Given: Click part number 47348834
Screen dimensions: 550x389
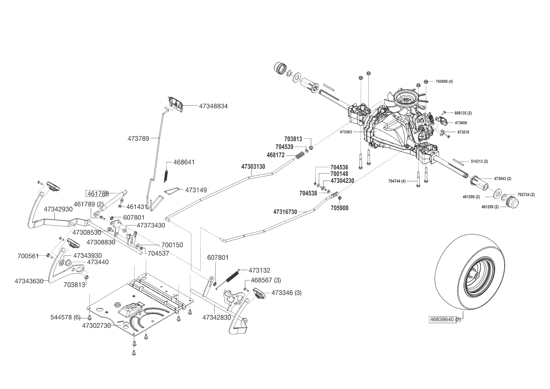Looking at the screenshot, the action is [x=213, y=106].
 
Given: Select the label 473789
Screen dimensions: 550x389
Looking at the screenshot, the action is [x=138, y=138].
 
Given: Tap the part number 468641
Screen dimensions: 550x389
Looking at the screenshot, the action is [x=184, y=162].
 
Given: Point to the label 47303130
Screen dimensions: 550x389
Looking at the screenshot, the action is [x=253, y=167].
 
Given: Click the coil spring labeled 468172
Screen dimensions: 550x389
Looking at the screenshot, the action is [x=300, y=155].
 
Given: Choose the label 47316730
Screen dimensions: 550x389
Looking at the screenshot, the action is [x=285, y=212].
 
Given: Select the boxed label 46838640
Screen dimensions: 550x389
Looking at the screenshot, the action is [x=442, y=320].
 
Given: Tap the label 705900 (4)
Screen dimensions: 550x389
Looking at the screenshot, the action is [x=444, y=82].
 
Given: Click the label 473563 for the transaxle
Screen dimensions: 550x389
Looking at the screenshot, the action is [x=346, y=132].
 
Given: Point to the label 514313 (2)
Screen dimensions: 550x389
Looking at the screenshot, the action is [x=479, y=162].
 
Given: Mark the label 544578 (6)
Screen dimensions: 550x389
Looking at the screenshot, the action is [x=66, y=317].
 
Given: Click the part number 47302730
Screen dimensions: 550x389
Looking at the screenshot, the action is [x=97, y=326].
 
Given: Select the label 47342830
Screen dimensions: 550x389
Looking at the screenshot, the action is [x=217, y=317].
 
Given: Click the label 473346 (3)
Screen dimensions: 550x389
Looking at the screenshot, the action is [x=287, y=293].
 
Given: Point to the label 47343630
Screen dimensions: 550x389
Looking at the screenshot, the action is [x=29, y=281].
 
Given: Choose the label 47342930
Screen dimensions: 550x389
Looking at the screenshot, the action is [x=58, y=209].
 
